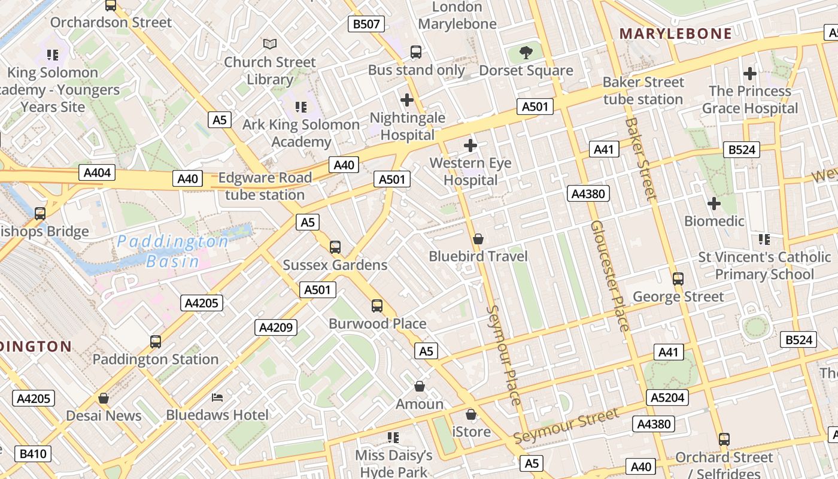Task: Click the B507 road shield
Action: [x=366, y=24]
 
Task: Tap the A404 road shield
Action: [x=97, y=173]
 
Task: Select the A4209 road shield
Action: [x=276, y=327]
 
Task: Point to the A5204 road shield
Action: [x=668, y=398]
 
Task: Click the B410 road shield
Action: [x=33, y=454]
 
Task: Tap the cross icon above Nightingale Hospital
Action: [x=407, y=99]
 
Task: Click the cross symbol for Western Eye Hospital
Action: [x=470, y=145]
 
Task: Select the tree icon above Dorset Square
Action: [x=526, y=53]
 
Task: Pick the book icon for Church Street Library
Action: [x=270, y=44]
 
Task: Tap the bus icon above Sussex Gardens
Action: [x=335, y=247]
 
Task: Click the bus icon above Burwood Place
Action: [x=377, y=306]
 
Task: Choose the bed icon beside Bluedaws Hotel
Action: [x=217, y=398]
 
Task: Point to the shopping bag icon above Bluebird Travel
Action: [x=478, y=239]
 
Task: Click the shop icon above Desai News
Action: [x=104, y=398]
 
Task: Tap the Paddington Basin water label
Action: [x=172, y=251]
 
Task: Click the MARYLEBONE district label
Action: [x=676, y=34]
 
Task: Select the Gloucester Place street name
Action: [x=609, y=275]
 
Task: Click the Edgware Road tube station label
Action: [x=265, y=186]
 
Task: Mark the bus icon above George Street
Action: [x=678, y=279]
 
